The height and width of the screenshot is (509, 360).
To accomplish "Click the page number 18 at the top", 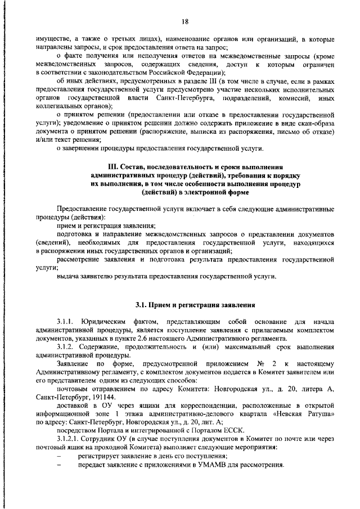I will pos(184,22).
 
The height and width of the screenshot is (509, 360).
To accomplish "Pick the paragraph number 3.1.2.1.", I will pos(70,437).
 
